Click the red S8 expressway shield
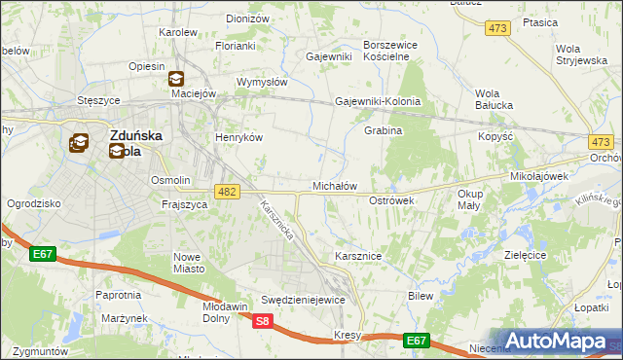[x=263, y=322]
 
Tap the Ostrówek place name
[x=392, y=200]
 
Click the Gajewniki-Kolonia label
[x=378, y=101]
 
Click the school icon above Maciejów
[x=176, y=79]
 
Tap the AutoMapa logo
[x=555, y=341]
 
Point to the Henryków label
[x=239, y=137]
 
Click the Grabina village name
[x=384, y=130]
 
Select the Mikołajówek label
[x=539, y=177]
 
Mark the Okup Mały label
[x=470, y=199]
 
